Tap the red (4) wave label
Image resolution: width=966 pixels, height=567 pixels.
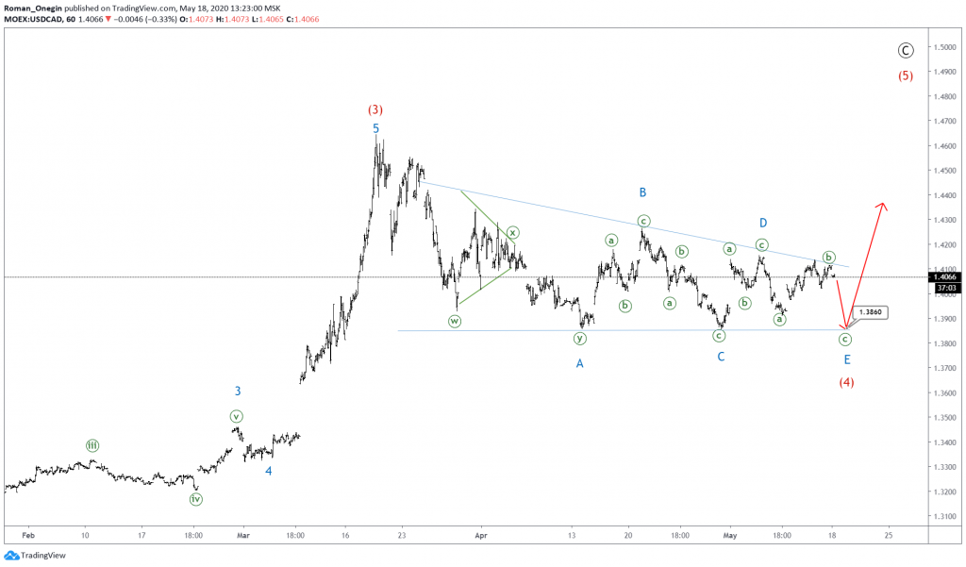click(846, 382)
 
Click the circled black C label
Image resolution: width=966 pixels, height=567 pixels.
click(905, 51)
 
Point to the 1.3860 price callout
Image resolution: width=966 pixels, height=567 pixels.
click(870, 311)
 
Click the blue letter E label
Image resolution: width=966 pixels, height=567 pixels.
click(846, 359)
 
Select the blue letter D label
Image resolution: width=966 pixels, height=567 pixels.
click(763, 223)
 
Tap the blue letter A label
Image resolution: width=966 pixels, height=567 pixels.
click(580, 362)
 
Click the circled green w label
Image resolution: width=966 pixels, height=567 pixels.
click(455, 321)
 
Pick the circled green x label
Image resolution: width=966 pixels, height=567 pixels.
click(513, 232)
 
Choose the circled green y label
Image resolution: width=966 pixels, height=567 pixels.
click(580, 338)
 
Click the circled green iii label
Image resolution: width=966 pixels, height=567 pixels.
click(92, 445)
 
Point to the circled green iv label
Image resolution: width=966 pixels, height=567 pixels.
click(196, 499)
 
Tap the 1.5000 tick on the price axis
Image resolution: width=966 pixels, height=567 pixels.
click(944, 47)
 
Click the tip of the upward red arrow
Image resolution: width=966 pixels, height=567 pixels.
click(883, 203)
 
